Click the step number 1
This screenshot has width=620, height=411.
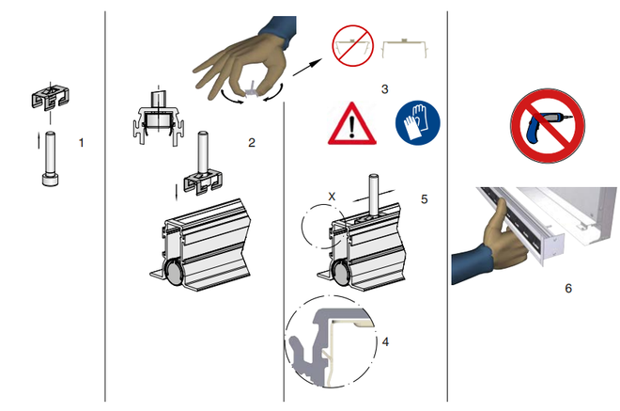[82, 143]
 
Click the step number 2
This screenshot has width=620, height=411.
[252, 143]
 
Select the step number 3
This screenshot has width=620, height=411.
[385, 89]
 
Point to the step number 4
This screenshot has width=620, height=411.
[385, 341]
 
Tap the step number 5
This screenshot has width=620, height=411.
[425, 198]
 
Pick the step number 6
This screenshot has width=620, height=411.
[568, 288]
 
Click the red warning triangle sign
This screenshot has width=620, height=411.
[352, 123]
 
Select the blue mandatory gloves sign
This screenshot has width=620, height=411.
[418, 122]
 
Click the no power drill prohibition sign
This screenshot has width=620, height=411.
[548, 125]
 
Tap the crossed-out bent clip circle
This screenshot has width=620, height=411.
[352, 46]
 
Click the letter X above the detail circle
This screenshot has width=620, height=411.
[332, 197]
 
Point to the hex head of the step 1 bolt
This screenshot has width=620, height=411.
[50, 181]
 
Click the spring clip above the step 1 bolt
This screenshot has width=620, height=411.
[50, 97]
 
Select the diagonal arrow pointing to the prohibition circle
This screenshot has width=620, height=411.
[307, 68]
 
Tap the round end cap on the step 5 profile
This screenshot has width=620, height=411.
[340, 273]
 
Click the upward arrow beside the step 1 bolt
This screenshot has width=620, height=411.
[39, 141]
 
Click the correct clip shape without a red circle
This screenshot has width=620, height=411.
[404, 48]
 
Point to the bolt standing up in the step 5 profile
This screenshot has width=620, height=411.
[373, 196]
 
